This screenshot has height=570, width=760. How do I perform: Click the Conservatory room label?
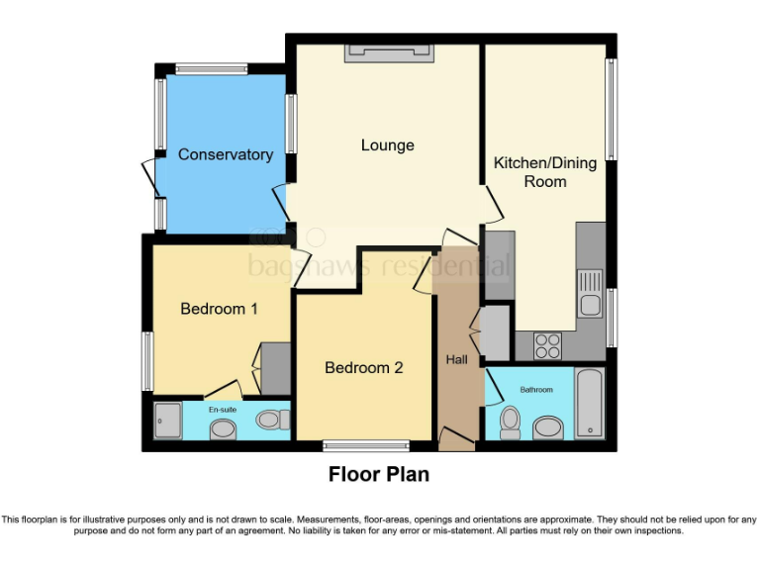coord(225,154)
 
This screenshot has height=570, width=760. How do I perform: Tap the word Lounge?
coord(387,145)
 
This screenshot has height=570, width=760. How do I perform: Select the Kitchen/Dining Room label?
coord(545,172)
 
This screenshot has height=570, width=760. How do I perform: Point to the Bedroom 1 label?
coord(219,309)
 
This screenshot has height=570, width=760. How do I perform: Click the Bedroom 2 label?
coord(364,367)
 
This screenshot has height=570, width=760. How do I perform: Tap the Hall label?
coord(456,359)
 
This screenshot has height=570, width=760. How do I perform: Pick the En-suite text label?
coord(222,408)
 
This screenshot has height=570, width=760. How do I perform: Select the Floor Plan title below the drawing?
coord(379,475)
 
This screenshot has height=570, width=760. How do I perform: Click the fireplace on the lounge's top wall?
coord(388,53)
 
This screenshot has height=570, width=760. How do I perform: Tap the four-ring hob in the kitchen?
coord(547,345)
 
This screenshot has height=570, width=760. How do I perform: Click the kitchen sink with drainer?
coord(591,293)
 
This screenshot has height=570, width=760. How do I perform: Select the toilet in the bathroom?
coord(511,422)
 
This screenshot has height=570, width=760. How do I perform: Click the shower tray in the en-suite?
coord(168,421)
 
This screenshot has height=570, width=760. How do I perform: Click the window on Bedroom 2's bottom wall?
coord(366,445)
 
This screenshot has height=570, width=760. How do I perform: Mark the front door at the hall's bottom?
coord(456,437)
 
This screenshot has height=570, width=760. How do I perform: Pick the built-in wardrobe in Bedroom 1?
coord(274,369)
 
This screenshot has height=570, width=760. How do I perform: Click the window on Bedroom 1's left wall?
coord(147,361)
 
